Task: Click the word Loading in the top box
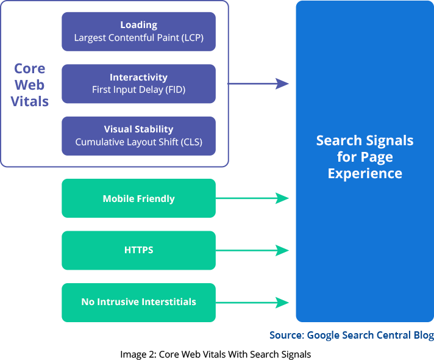click(138, 25)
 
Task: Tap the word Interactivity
click(138, 77)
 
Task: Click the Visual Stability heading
click(138, 129)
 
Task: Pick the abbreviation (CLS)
click(190, 142)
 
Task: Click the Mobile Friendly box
click(138, 198)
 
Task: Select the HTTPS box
click(138, 250)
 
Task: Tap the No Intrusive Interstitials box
click(138, 302)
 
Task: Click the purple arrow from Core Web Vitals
click(259, 84)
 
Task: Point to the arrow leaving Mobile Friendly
click(253, 198)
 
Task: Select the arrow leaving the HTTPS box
click(253, 250)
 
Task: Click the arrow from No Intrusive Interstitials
click(253, 302)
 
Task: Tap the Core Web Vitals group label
click(30, 85)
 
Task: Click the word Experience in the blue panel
click(365, 173)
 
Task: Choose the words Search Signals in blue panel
click(365, 141)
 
